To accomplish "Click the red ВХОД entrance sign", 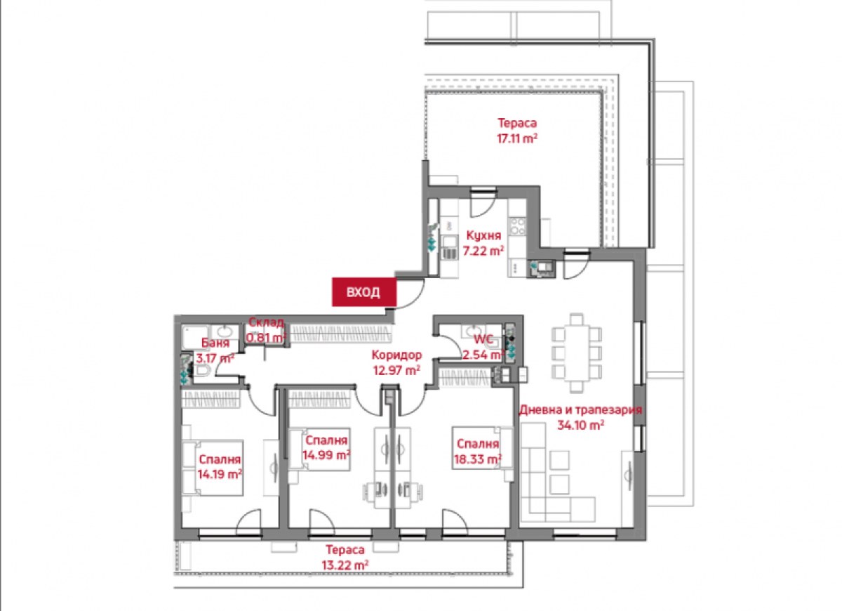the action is [x=364, y=291].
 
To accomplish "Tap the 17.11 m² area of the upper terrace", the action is [x=517, y=138].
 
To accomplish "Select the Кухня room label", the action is [x=483, y=235].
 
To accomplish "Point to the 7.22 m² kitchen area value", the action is [x=483, y=251].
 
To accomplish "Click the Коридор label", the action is [x=396, y=355].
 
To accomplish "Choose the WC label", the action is [x=483, y=339].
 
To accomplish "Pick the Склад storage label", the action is [x=267, y=322].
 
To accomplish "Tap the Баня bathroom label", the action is [x=215, y=343].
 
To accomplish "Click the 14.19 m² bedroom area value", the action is [x=220, y=475].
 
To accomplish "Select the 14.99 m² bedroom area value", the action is [x=327, y=455].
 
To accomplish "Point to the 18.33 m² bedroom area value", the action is [x=478, y=459].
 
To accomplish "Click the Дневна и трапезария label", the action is [x=580, y=409].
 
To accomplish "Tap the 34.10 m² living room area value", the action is [x=581, y=426].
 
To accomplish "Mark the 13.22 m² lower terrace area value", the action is [x=345, y=565].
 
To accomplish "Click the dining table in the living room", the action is [x=577, y=353].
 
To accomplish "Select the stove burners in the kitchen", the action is [x=517, y=226].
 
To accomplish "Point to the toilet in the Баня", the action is [x=201, y=370].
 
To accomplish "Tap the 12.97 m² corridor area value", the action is [x=396, y=371].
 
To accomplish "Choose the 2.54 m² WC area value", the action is [x=483, y=355].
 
